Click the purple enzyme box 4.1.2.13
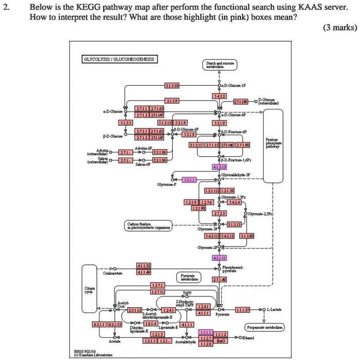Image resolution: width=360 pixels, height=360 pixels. [x=220, y=167]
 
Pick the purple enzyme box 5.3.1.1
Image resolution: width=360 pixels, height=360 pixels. [x=189, y=179]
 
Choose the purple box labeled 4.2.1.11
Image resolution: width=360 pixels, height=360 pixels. [x=220, y=258]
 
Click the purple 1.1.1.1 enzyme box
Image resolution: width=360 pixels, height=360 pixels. [x=206, y=333]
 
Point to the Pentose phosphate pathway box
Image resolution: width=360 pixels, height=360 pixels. [x=270, y=145]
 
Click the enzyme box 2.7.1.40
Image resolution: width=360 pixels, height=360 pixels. [x=220, y=279]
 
